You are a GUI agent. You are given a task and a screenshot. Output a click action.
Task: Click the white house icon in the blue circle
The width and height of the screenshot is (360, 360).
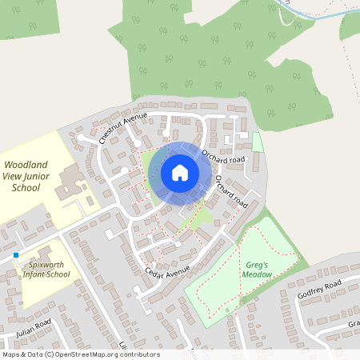(180, 173)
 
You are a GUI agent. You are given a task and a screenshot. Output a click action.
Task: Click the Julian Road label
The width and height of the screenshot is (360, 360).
(32, 327)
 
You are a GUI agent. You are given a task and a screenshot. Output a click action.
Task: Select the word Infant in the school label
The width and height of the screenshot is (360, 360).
(33, 274)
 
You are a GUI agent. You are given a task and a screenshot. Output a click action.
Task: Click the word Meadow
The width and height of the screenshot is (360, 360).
(258, 274)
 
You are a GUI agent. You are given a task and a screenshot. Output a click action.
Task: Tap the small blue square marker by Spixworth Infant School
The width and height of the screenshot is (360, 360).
(15, 255)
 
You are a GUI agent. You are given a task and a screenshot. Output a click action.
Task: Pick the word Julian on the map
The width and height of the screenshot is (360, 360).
(24, 330)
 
